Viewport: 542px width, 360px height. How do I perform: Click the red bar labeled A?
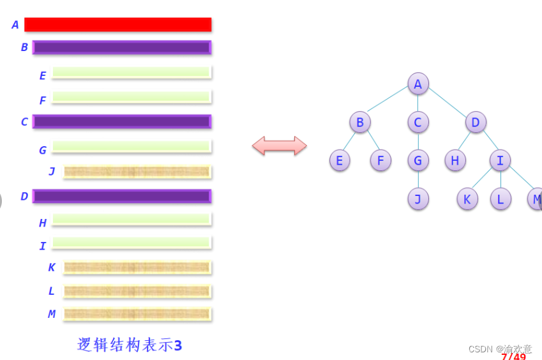coord(117,24)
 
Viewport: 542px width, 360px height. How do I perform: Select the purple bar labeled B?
coord(121,47)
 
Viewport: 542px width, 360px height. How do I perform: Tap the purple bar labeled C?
coord(121,121)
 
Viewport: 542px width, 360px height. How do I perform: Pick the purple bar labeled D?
coord(121,196)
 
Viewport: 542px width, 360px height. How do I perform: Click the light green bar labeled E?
coord(131,73)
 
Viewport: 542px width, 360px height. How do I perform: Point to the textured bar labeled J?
coord(137,172)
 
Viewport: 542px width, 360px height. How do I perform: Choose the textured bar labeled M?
coord(137,314)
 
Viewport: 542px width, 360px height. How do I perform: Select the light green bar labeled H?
coord(131,220)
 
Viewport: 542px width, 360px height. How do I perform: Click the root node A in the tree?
coord(418,84)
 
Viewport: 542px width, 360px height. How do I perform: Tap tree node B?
coord(359,122)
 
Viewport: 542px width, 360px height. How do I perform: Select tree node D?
coord(476,122)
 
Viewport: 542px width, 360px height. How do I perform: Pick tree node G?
coord(418,160)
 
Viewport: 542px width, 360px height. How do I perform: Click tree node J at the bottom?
coord(418,199)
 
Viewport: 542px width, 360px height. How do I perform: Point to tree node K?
coord(467,199)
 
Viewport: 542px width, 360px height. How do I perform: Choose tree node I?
coord(500,160)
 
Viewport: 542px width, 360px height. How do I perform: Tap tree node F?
coord(380,160)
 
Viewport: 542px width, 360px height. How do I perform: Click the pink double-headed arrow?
coord(279,146)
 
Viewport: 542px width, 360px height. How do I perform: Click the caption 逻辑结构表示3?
coord(130,345)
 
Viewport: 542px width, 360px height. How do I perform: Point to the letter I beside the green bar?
coord(43,246)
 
